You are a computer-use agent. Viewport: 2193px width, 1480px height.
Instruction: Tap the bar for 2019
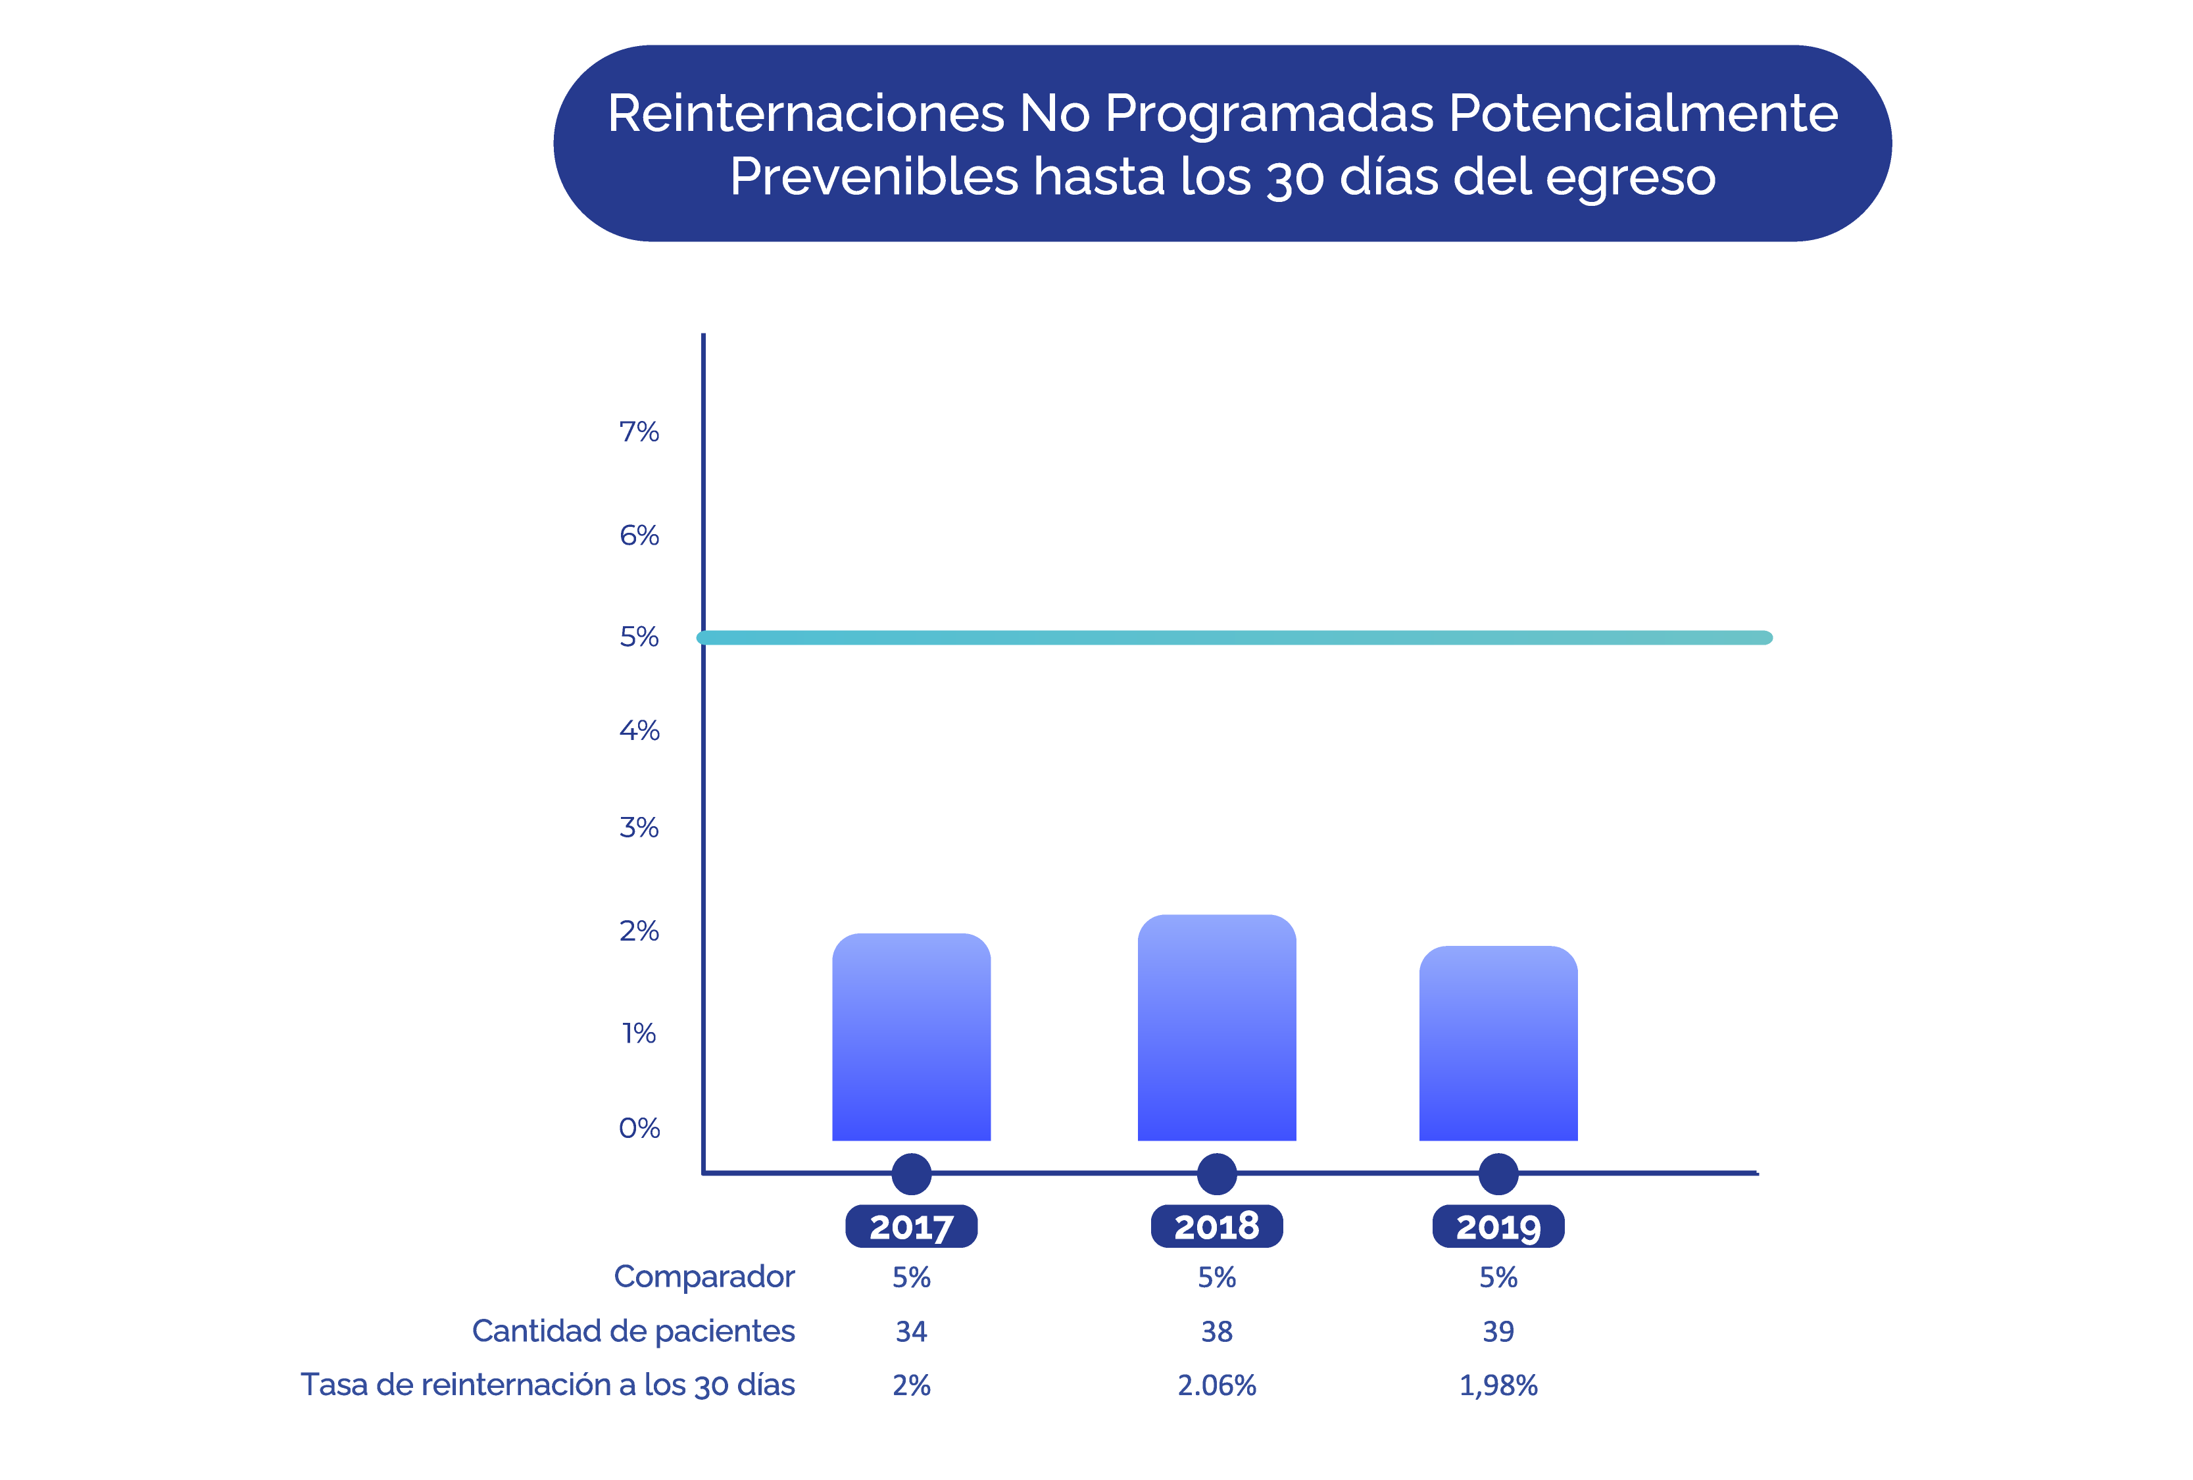coord(1498,1043)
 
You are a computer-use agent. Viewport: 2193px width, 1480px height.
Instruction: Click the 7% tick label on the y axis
coord(639,432)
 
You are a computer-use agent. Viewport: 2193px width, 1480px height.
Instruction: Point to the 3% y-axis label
coord(639,827)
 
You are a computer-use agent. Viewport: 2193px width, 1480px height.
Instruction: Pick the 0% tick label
coord(639,1128)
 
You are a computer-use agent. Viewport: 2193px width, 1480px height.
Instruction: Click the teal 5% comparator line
coord(1234,638)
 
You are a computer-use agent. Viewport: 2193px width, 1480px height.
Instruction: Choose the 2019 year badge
coord(1498,1226)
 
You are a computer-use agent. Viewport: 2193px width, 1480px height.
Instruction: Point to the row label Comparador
coord(704,1277)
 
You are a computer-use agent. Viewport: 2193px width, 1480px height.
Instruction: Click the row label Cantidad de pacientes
coord(633,1331)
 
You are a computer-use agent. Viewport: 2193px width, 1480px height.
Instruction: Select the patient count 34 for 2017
coord(912,1332)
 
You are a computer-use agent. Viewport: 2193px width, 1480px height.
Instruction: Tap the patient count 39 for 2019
coord(1498,1332)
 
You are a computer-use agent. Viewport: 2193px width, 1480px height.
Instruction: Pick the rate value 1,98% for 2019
coord(1498,1386)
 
